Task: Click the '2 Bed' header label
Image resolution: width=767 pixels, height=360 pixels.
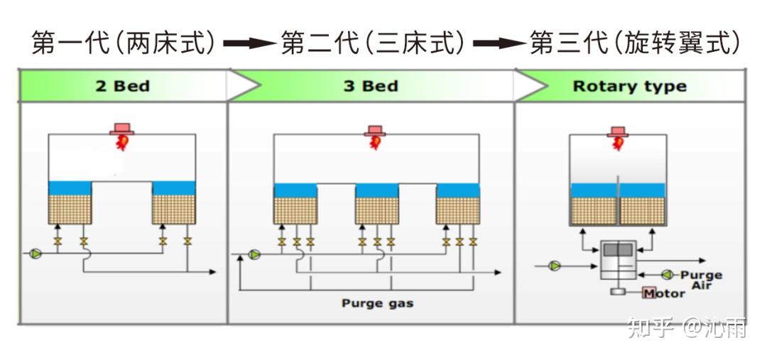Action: (x=122, y=87)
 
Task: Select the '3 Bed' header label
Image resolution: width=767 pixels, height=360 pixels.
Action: (x=370, y=87)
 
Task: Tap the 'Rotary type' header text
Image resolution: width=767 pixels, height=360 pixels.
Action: (x=629, y=87)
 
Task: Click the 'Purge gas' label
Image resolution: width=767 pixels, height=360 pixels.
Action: (x=377, y=303)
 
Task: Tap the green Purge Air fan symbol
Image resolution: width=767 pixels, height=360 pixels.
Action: (x=667, y=274)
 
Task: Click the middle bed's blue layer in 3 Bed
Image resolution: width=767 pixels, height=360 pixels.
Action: (x=376, y=190)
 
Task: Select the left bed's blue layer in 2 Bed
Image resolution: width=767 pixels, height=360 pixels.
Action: (x=70, y=187)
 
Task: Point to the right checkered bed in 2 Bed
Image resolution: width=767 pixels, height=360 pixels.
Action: (x=173, y=209)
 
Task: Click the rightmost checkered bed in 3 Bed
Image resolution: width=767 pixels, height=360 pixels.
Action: (x=457, y=210)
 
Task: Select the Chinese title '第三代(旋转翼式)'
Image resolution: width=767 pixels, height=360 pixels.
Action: (x=634, y=44)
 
